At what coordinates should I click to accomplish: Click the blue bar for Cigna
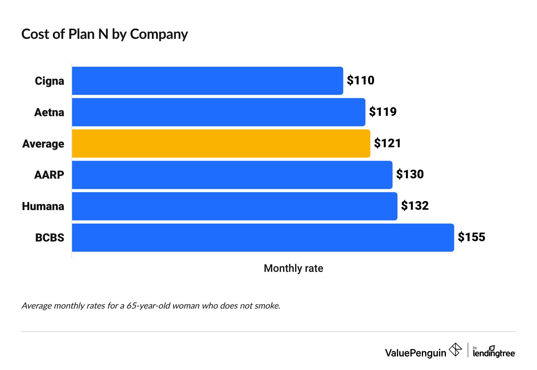207,81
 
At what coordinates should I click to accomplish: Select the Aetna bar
218,112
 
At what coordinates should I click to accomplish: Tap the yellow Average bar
221,143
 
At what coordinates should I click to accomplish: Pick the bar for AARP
232,175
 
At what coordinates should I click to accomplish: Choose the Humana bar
234,206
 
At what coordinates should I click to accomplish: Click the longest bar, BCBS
262,238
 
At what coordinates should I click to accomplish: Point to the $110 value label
360,80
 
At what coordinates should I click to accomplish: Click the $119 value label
383,112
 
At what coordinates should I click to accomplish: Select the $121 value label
388,143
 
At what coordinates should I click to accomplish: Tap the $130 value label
410,174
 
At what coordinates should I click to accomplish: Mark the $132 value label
415,206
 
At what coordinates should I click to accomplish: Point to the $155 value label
471,237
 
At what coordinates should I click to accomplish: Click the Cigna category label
49,81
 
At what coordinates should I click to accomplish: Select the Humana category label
43,206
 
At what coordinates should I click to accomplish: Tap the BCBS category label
50,238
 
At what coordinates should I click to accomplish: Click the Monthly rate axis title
293,268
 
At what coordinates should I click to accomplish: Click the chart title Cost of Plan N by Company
105,34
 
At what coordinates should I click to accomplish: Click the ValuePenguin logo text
415,353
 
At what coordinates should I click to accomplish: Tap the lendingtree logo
494,352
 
